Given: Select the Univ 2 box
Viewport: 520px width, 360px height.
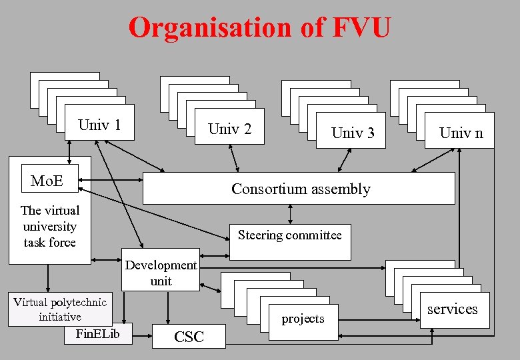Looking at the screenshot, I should (x=229, y=128).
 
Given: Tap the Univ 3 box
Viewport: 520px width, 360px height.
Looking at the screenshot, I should (x=352, y=132).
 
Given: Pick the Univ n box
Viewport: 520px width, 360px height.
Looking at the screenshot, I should (x=461, y=132).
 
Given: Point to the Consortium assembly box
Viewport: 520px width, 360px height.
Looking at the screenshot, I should (x=299, y=189).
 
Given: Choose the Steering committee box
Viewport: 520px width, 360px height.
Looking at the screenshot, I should (x=289, y=235).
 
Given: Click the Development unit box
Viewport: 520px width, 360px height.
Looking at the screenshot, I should (x=161, y=272).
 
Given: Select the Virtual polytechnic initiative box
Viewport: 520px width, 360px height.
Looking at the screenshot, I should (x=59, y=309).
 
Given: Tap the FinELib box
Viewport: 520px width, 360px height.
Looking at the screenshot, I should (x=98, y=333).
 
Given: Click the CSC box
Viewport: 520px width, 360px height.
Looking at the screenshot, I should (x=189, y=336).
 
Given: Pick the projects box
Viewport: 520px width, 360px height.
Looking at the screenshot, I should (x=303, y=318).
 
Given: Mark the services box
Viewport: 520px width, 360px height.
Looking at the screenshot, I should (x=452, y=309).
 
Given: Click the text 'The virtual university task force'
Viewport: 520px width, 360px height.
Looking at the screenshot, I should (x=49, y=227).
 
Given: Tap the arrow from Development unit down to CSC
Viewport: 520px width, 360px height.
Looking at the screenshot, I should (x=168, y=307).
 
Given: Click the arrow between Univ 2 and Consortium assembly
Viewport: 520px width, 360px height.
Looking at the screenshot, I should (x=234, y=157).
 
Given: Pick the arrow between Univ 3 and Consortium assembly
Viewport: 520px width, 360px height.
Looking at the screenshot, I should (x=344, y=160).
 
